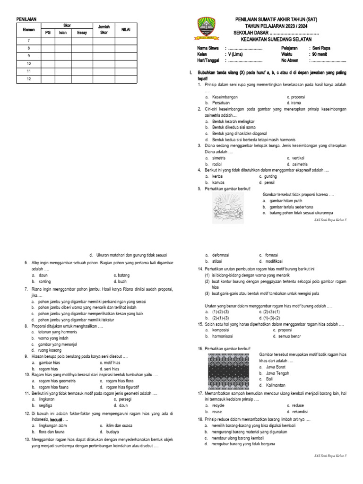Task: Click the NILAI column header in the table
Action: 125,29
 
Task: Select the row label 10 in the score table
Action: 29,63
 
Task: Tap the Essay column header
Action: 82,33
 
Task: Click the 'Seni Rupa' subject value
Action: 321,48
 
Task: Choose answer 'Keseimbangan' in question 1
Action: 224,97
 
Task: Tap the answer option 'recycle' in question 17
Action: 218,405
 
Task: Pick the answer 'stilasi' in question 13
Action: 217,261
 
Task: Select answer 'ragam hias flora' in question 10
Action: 122,380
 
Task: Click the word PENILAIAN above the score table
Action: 26,19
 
